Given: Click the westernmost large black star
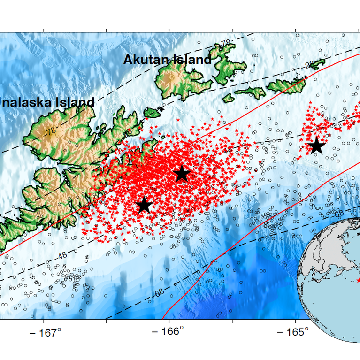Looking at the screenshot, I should click(144, 205).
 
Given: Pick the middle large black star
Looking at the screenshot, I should click(182, 174).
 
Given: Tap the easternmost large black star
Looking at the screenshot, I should click(317, 146).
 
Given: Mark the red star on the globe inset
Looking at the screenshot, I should click(358, 280).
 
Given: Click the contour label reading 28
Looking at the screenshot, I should click(309, 65).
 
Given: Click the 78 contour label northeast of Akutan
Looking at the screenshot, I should click(226, 43).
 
